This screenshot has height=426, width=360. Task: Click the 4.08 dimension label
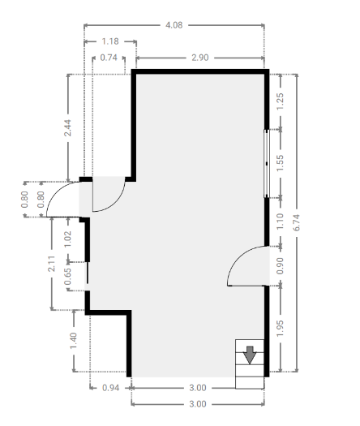point(174,25)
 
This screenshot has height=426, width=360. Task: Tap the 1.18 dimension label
point(110,41)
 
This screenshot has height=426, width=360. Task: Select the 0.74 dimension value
point(109,58)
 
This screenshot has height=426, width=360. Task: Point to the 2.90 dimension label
point(200,58)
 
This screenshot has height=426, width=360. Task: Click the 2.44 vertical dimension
point(67,127)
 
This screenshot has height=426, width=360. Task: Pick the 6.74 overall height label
point(297,222)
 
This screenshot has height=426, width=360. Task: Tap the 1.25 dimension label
point(281,101)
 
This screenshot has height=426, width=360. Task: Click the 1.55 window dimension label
point(281,163)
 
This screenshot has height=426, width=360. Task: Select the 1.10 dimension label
point(281,222)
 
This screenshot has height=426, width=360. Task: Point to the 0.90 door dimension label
point(281,266)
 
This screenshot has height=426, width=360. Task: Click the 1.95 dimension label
point(281,329)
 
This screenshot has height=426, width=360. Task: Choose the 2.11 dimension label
point(52,264)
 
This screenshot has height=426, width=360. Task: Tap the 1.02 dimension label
point(67,239)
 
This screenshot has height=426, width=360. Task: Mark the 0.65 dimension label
point(67,277)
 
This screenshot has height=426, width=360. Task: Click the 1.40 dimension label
point(74,341)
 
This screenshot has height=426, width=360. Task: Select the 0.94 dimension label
point(111,388)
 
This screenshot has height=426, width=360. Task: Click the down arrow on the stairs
point(250,355)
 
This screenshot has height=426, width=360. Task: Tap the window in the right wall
point(266,164)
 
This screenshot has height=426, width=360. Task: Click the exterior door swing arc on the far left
point(56,191)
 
